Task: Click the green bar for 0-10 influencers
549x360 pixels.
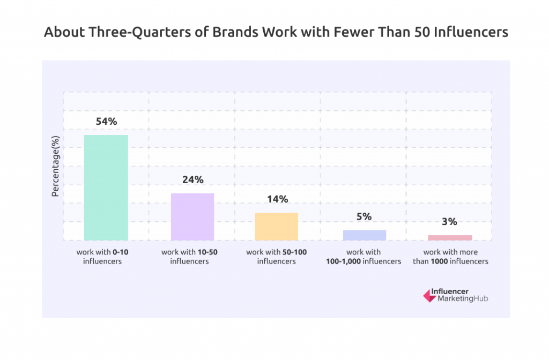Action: pos(106,187)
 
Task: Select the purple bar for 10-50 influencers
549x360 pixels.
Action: pos(192,216)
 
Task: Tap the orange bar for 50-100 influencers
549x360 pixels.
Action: pos(277,226)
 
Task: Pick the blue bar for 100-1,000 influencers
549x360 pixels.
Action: pos(364,235)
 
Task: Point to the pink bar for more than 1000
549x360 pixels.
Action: pos(450,237)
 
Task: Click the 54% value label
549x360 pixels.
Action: pos(106,122)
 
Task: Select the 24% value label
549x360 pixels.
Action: pos(192,180)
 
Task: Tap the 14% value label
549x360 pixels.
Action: pos(277,199)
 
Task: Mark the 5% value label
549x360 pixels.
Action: pos(364,217)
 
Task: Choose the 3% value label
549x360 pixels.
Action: pos(450,221)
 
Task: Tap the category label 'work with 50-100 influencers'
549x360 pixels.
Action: pos(276,257)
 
